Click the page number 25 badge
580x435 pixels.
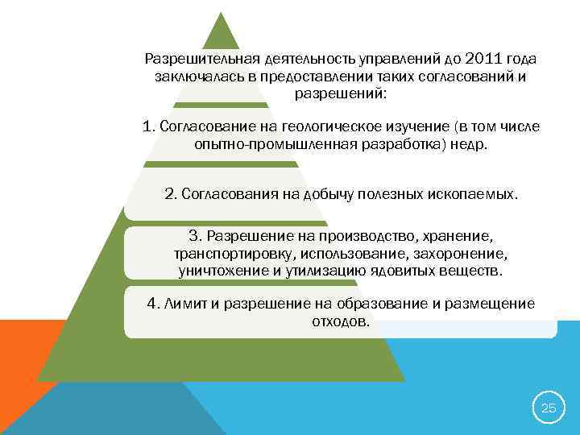point(548,408)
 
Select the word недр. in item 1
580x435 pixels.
point(471,144)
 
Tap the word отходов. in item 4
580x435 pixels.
point(340,321)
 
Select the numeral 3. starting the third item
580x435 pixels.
point(196,236)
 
